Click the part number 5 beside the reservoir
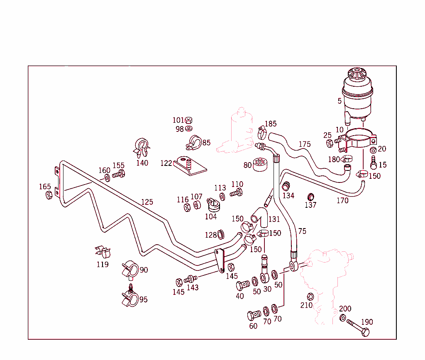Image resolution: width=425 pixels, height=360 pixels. point(340,101)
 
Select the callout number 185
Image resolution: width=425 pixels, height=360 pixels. point(271,124)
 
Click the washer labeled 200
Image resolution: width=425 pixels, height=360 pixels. point(343,318)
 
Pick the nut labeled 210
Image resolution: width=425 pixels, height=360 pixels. point(310,296)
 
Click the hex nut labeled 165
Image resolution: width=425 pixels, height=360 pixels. point(48,195)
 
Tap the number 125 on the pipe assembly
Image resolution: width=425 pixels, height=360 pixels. point(147,202)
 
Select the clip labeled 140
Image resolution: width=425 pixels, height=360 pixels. point(141,147)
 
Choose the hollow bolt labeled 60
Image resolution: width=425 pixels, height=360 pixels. point(254,315)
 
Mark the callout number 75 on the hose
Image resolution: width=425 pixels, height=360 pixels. point(302,231)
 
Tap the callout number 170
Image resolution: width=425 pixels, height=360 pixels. point(342,201)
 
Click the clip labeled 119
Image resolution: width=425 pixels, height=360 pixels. point(103,252)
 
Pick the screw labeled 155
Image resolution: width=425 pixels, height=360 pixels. point(119,174)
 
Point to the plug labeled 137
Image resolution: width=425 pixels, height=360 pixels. point(310,196)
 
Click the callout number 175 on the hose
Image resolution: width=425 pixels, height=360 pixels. point(305,144)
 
